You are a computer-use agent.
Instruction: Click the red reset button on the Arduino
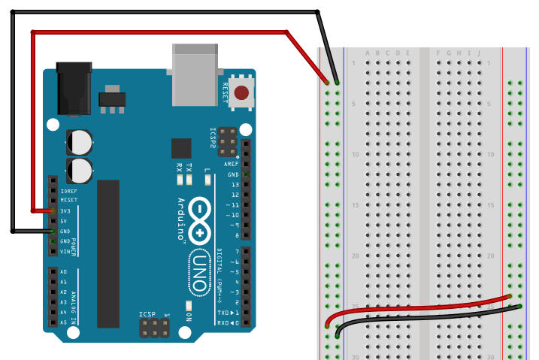click(242, 93)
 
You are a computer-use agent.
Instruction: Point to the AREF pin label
click(231, 163)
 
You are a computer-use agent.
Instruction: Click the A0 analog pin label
click(64, 271)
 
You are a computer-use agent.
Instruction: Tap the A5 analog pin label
click(64, 322)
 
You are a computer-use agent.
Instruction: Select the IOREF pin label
click(68, 191)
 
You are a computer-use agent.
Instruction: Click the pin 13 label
click(235, 184)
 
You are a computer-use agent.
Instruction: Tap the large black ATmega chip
click(108, 253)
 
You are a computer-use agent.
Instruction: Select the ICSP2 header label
click(213, 140)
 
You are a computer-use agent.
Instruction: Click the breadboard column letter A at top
click(367, 53)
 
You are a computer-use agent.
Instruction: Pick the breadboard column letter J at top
click(478, 53)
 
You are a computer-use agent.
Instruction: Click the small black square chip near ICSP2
click(181, 148)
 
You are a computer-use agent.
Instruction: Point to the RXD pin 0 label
click(225, 322)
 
